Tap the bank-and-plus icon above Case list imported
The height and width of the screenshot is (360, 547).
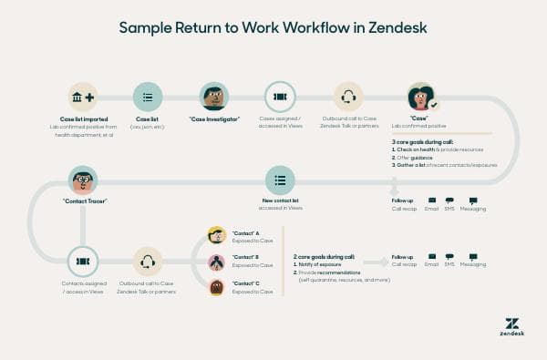pyautogui.click(x=83, y=97)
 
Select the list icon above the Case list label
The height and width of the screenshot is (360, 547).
pyautogui.click(x=147, y=97)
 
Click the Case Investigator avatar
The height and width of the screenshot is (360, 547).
pyautogui.click(x=213, y=97)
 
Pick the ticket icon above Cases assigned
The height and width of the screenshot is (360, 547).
pyautogui.click(x=280, y=97)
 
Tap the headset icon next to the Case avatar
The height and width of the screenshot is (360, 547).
pyautogui.click(x=348, y=97)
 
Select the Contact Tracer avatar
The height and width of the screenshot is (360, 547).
pyautogui.click(x=83, y=180)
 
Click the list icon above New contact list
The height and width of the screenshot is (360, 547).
pyautogui.click(x=280, y=180)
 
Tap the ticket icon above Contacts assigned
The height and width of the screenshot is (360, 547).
pyautogui.click(x=83, y=262)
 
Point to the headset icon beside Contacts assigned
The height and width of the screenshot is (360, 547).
pyautogui.click(x=147, y=262)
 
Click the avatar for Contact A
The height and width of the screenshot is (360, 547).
pyautogui.click(x=216, y=236)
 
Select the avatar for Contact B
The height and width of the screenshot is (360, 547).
pyautogui.click(x=216, y=262)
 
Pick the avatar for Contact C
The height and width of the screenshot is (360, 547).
pyautogui.click(x=216, y=287)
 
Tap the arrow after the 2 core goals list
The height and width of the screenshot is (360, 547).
pyautogui.click(x=372, y=262)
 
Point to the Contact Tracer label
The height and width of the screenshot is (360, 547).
pyautogui.click(x=83, y=202)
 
